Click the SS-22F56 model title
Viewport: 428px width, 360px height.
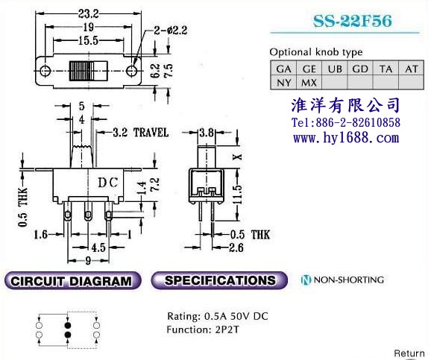[x=353, y=21]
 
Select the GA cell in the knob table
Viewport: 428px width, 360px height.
[x=283, y=69]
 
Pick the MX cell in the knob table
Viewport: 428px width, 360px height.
[x=309, y=83]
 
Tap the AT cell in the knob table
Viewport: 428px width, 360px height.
[x=412, y=69]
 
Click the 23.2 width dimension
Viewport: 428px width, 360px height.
[x=89, y=13]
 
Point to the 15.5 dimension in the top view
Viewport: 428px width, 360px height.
[x=89, y=41]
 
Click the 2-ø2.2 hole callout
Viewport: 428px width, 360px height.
[x=171, y=31]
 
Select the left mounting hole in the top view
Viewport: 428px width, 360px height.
[x=45, y=70]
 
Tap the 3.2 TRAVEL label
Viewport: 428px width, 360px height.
[x=141, y=133]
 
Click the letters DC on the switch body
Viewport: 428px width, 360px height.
[x=108, y=183]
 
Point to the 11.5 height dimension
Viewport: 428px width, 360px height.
[x=237, y=194]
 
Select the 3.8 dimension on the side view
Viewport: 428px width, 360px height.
[x=207, y=133]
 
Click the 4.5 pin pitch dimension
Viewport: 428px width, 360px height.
[x=98, y=247]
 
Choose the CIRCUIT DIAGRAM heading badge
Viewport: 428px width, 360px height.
[x=72, y=280]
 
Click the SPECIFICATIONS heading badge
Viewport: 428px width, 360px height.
[x=219, y=280]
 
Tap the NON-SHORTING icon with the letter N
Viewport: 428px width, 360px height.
[x=306, y=280]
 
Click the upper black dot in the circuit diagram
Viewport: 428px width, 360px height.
[x=68, y=325]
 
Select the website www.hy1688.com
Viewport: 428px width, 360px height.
[x=346, y=137]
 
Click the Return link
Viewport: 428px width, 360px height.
[x=409, y=353]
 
